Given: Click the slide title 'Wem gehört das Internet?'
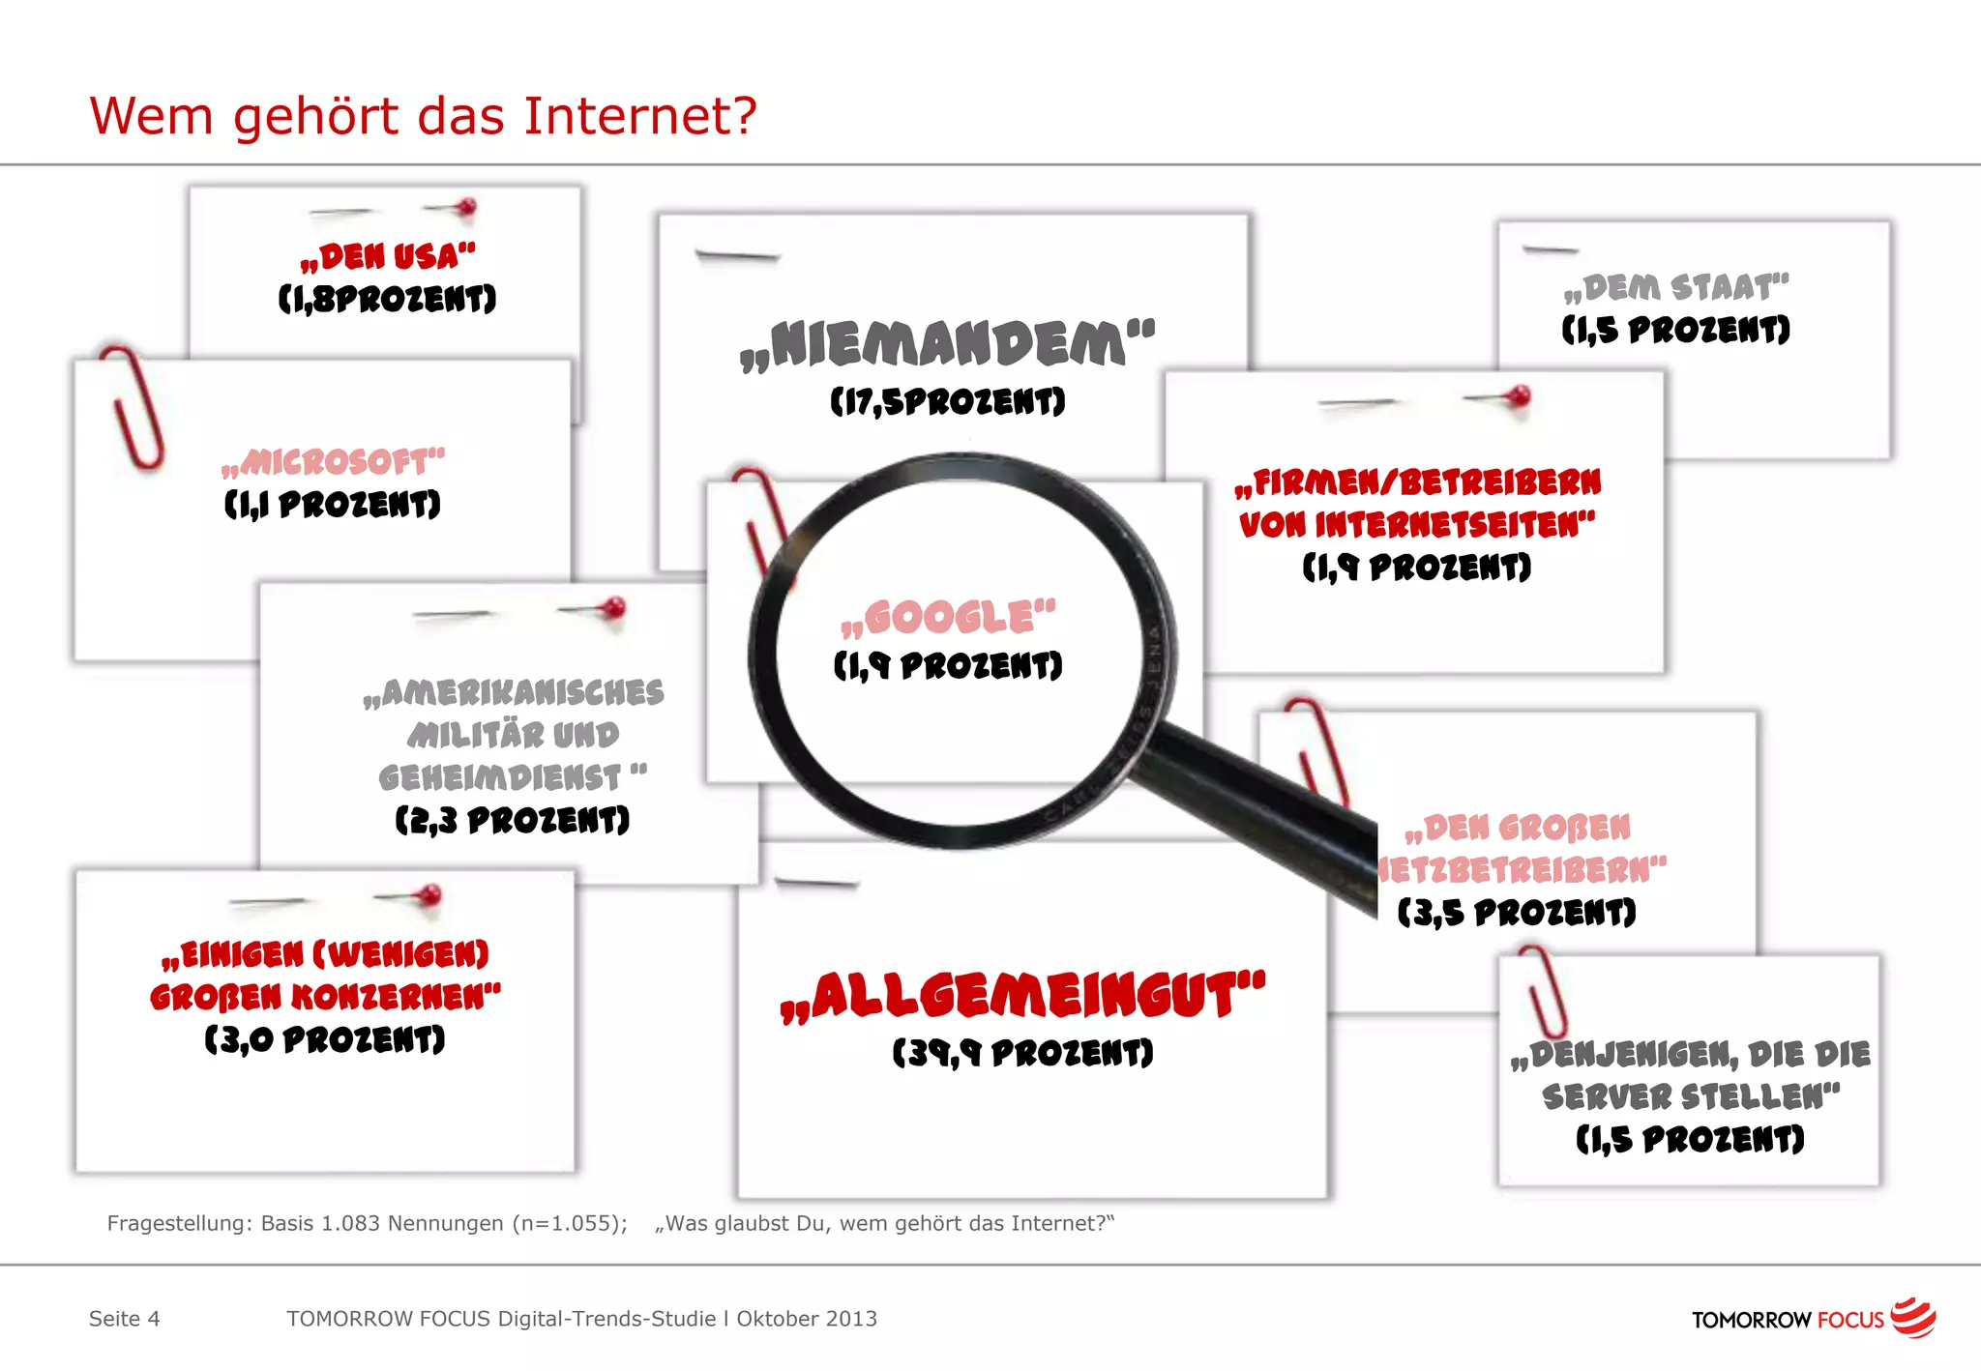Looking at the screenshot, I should pyautogui.click(x=423, y=116).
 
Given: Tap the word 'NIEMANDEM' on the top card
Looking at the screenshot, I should pyautogui.click(x=948, y=345).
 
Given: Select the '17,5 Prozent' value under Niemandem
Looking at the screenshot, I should pyautogui.click(x=948, y=401).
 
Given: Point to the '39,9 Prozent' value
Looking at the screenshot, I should pyautogui.click(x=1023, y=1053).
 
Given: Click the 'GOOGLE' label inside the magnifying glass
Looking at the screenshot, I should pyautogui.click(x=949, y=618).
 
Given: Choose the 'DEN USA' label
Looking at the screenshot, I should pyautogui.click(x=388, y=257).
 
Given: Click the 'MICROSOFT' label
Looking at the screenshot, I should pyautogui.click(x=334, y=462).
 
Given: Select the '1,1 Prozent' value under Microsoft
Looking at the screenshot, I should pyautogui.click(x=333, y=504).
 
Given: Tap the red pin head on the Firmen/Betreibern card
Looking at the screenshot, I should pyautogui.click(x=1519, y=395).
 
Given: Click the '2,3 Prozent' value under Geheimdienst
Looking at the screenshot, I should pyautogui.click(x=513, y=821).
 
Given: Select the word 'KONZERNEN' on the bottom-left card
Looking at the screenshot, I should pyautogui.click(x=397, y=997).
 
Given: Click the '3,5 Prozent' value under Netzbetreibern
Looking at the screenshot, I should pyautogui.click(x=1517, y=913).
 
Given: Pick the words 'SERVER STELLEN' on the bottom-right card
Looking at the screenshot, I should pyautogui.click(x=1691, y=1096).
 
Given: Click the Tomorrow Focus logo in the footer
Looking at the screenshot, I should pyautogui.click(x=1813, y=1319).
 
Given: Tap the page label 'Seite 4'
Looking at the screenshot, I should pyautogui.click(x=125, y=1319).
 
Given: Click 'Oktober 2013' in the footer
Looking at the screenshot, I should pyautogui.click(x=807, y=1319).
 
